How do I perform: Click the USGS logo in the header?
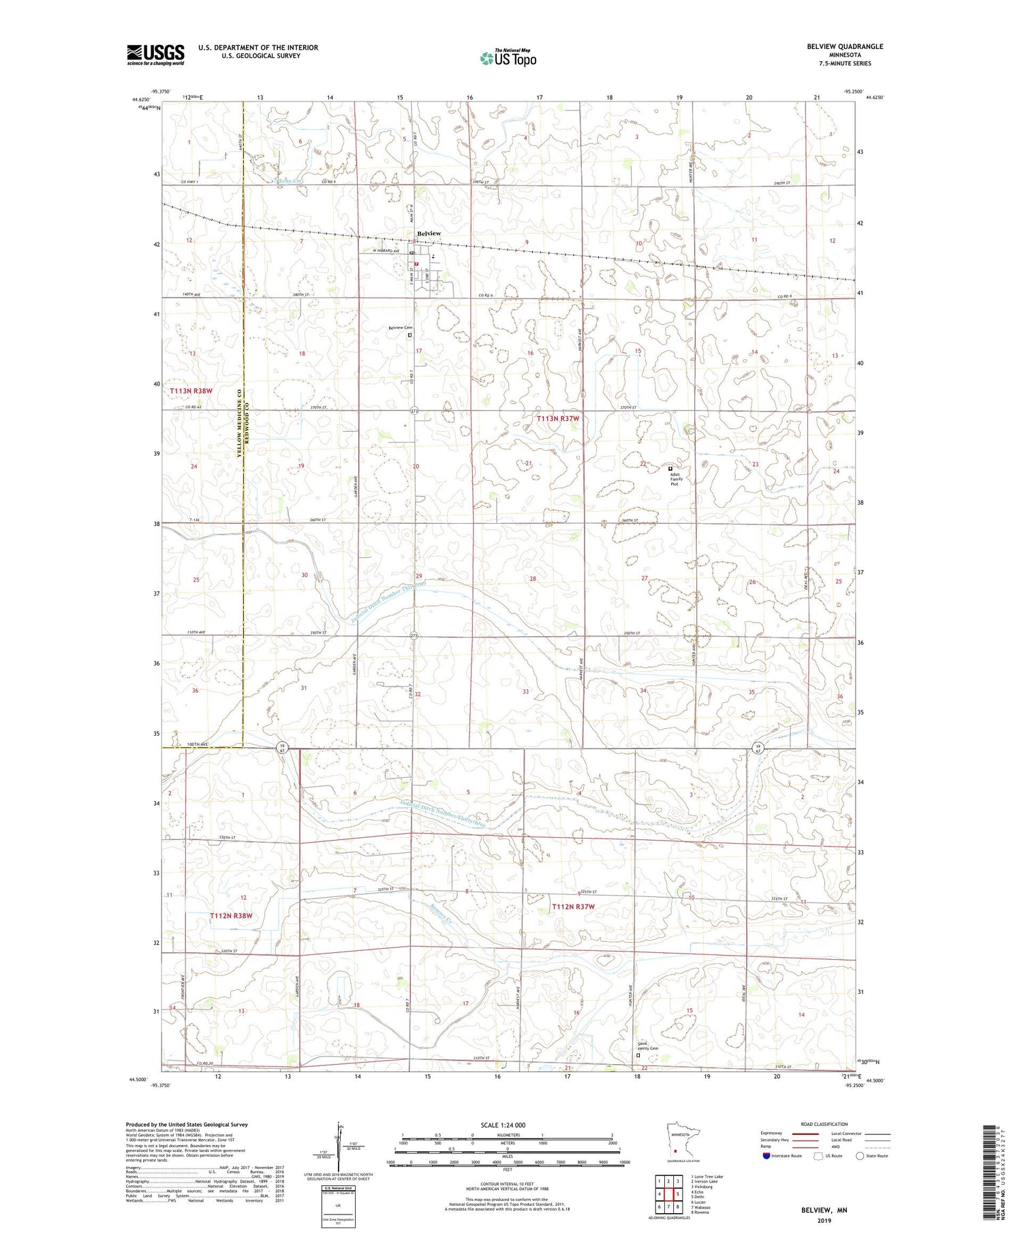155,54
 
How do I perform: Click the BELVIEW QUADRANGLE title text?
844,46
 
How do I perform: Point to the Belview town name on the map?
429,234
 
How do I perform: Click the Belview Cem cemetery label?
401,328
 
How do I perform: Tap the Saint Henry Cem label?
648,1048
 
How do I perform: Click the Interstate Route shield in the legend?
768,1156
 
